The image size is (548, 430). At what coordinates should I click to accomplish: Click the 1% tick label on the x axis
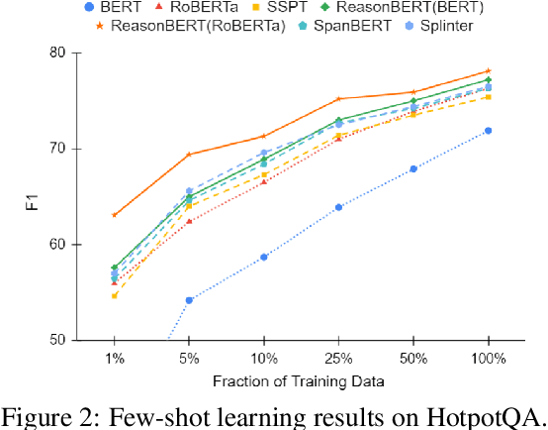[114, 359]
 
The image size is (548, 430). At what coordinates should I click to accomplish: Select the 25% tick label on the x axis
[338, 359]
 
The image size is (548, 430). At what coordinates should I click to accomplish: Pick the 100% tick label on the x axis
[488, 359]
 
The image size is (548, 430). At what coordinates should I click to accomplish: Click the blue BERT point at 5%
[189, 300]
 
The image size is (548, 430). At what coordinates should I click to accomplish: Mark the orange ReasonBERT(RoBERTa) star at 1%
[114, 215]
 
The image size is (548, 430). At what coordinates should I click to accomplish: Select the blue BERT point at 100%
[488, 131]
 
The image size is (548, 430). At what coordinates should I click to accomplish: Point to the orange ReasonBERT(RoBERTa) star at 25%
[338, 99]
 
